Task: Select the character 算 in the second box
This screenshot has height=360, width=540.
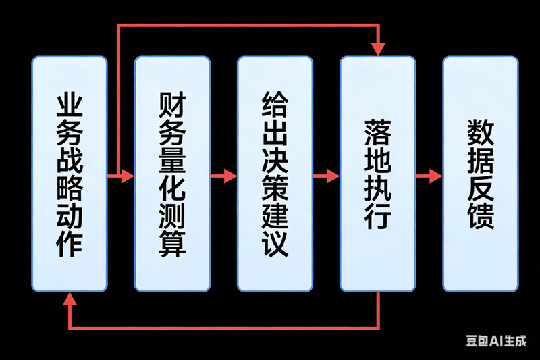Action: tap(172, 243)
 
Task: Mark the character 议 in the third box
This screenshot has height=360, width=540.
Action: tap(275, 243)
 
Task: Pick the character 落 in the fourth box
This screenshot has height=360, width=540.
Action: tap(377, 132)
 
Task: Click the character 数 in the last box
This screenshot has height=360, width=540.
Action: tap(480, 132)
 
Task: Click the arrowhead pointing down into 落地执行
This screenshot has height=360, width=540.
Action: tap(377, 49)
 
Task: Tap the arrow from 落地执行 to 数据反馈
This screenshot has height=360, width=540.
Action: tap(429, 176)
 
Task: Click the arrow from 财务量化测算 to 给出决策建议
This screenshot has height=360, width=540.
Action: tap(223, 176)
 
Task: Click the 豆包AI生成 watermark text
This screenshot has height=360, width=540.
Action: tap(496, 341)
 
